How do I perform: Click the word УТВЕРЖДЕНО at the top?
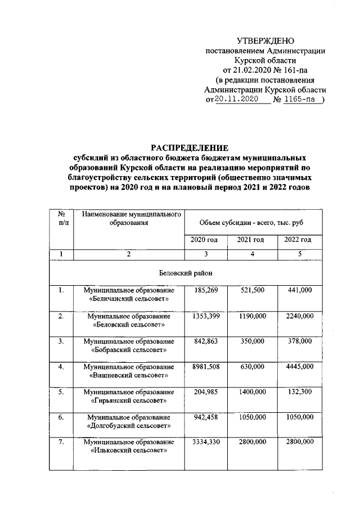click(265, 40)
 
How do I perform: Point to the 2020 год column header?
click(205, 240)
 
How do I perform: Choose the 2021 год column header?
click(251, 240)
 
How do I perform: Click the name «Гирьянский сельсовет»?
click(129, 401)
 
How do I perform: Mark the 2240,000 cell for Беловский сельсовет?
click(299, 316)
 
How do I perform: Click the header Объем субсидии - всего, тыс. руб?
click(251, 223)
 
